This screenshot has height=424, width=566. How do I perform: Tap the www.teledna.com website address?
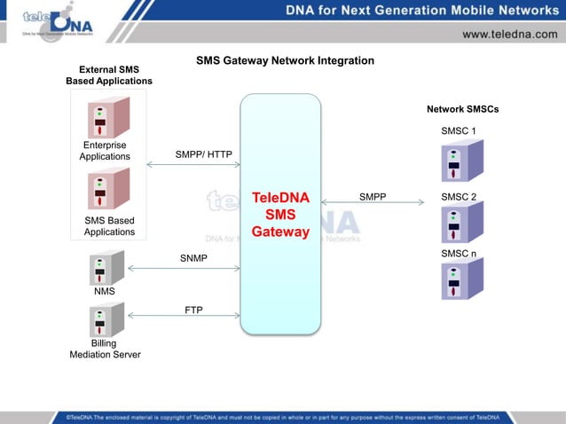pyautogui.click(x=509, y=34)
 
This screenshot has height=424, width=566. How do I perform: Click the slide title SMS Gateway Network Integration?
pyautogui.click(x=285, y=60)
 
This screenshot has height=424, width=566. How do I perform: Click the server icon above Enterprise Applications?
pyautogui.click(x=108, y=117)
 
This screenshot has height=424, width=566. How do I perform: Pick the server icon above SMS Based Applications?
pyautogui.click(x=108, y=189)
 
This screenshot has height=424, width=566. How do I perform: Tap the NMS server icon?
pyautogui.click(x=106, y=267)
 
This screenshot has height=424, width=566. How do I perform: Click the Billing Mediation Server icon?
pyautogui.click(x=106, y=319)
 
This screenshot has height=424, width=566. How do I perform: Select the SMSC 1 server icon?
pyautogui.click(x=461, y=161)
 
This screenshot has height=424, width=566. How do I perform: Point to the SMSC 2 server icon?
pyautogui.click(x=461, y=222)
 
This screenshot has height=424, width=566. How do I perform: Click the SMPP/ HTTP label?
pyautogui.click(x=203, y=154)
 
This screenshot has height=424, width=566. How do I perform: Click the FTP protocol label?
pyautogui.click(x=193, y=310)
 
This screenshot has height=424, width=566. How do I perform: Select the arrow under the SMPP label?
pyautogui.click(x=373, y=203)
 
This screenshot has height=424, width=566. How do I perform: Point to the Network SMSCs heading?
pyautogui.click(x=462, y=109)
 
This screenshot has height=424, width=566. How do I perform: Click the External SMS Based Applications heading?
pyautogui.click(x=109, y=75)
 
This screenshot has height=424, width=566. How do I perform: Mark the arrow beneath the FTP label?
pyautogui.click(x=186, y=317)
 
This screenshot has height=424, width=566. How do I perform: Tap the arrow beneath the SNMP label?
pyautogui.click(x=186, y=267)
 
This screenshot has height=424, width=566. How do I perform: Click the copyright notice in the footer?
pyautogui.click(x=282, y=417)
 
